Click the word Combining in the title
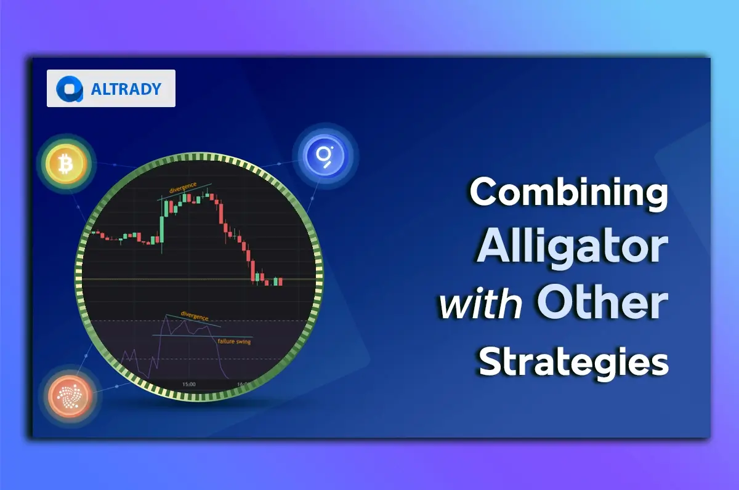point(569,193)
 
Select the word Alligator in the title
point(572,248)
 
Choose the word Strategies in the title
point(573,362)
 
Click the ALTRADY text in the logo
point(126,89)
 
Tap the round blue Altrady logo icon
point(70,89)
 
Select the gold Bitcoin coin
point(67,164)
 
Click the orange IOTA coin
point(70,396)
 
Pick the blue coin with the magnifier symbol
point(325,156)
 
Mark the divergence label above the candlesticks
point(183,187)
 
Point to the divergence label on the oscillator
point(195,316)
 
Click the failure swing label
point(234,341)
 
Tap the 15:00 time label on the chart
point(189,384)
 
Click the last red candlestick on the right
point(280,281)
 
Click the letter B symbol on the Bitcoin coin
point(66,164)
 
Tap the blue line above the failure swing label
point(202,336)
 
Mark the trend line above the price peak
point(184,191)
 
